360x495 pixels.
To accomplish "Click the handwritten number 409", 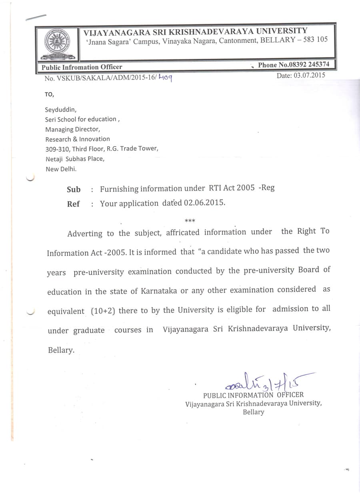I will coord(165,78).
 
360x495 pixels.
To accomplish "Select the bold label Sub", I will coord(74,190).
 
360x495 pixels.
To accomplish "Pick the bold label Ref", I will coord(73,204).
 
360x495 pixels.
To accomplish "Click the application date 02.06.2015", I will coord(204,202).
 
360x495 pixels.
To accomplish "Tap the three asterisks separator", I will coord(190,220).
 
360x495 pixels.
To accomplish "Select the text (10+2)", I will coord(103,311).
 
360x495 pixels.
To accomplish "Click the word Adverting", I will coord(85,234).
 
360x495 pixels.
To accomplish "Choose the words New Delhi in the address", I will coord(61,169).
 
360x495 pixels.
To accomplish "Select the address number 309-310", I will coord(57,149).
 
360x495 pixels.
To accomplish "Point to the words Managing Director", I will coord(72,129).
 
